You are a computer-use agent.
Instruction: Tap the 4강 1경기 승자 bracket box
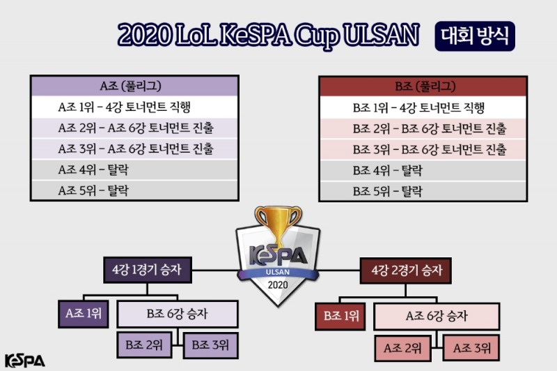point(145,268)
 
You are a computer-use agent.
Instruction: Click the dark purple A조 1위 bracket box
point(83,315)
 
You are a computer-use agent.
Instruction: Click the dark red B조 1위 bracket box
point(340,315)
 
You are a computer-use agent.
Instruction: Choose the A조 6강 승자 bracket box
point(436,315)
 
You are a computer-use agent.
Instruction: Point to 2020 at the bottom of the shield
point(276,285)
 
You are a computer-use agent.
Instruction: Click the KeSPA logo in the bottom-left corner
point(24,360)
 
